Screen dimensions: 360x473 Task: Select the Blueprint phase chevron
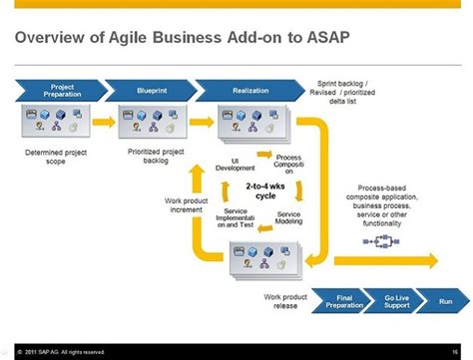pos(152,90)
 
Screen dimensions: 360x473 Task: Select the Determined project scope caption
pos(59,156)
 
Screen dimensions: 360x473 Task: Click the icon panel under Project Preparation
pos(59,123)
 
